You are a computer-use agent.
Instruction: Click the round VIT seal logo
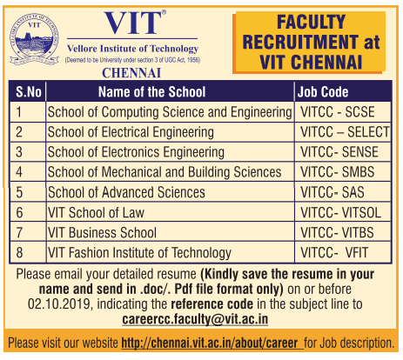(x=34, y=39)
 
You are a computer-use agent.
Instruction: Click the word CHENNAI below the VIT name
(x=131, y=73)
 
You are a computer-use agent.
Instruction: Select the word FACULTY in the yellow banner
(x=311, y=22)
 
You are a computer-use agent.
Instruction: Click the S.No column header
(x=28, y=92)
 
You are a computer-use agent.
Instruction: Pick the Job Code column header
(x=323, y=92)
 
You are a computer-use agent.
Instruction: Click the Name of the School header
(x=151, y=92)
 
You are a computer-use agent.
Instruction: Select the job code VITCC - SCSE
(x=338, y=112)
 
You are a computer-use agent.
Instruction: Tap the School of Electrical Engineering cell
(x=131, y=132)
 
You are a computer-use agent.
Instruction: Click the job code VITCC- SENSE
(x=339, y=152)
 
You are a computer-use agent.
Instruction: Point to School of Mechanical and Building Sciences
(x=165, y=172)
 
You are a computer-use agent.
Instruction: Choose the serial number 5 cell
(x=19, y=192)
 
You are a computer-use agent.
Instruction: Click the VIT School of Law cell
(x=96, y=213)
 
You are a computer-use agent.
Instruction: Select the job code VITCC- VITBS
(x=337, y=233)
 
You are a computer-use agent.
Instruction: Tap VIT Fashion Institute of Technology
(x=139, y=253)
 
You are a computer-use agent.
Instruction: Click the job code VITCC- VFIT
(x=334, y=253)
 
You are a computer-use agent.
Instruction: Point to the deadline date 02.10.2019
(x=59, y=304)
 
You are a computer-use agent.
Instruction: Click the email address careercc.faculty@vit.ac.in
(x=195, y=319)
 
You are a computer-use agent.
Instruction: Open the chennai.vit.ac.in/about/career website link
(x=210, y=343)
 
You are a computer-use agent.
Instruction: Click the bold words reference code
(x=212, y=304)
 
